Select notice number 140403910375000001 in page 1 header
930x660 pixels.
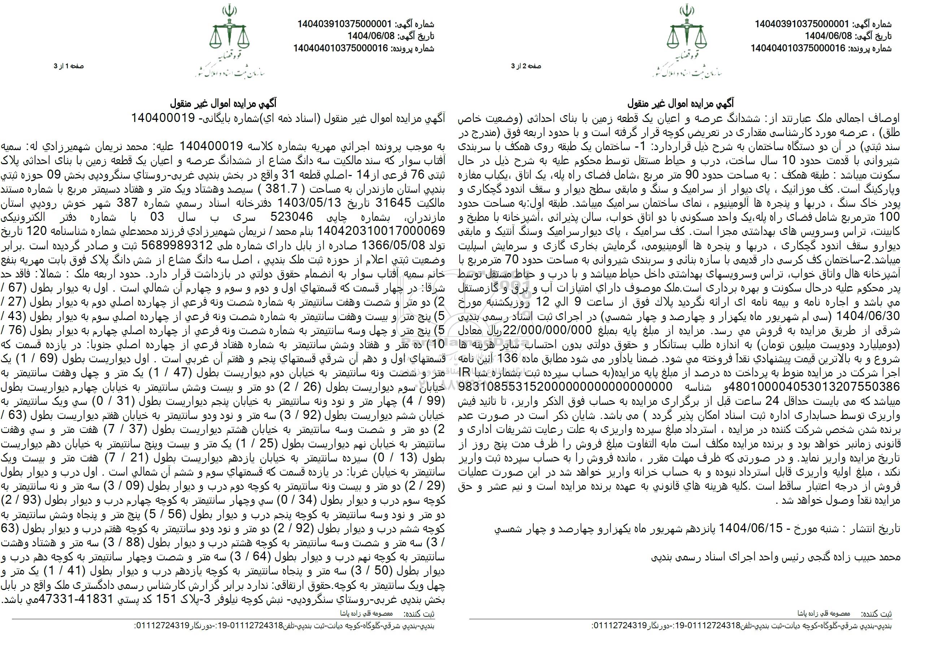(x=344, y=24)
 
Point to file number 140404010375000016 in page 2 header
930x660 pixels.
(x=799, y=48)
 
